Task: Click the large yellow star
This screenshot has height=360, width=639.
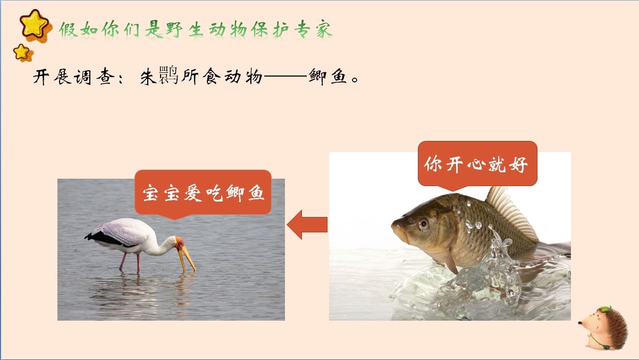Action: [34, 24]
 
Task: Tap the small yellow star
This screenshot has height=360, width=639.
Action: [22, 52]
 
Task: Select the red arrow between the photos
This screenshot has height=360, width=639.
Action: [307, 224]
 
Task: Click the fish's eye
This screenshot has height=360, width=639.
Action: [424, 223]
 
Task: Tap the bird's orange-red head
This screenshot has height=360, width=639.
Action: [180, 242]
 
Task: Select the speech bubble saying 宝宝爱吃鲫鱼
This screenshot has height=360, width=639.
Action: [203, 194]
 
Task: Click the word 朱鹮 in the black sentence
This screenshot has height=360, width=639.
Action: [159, 76]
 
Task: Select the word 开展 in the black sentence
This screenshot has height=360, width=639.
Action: [52, 77]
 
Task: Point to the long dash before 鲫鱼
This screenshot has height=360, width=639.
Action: [285, 76]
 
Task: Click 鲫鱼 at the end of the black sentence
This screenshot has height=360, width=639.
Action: [328, 77]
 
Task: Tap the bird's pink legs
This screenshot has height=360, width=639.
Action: [130, 262]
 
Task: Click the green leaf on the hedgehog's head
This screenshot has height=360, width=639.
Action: [605, 309]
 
